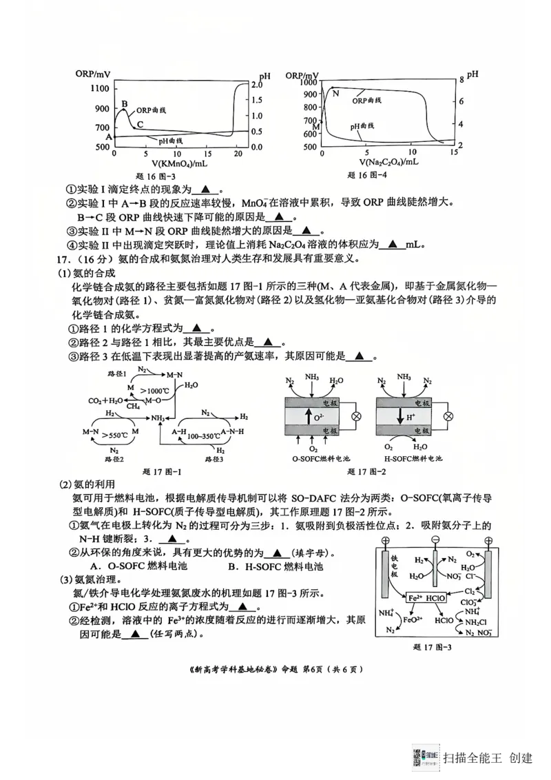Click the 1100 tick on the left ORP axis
(99, 89)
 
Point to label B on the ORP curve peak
(124, 104)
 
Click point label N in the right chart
(335, 93)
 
